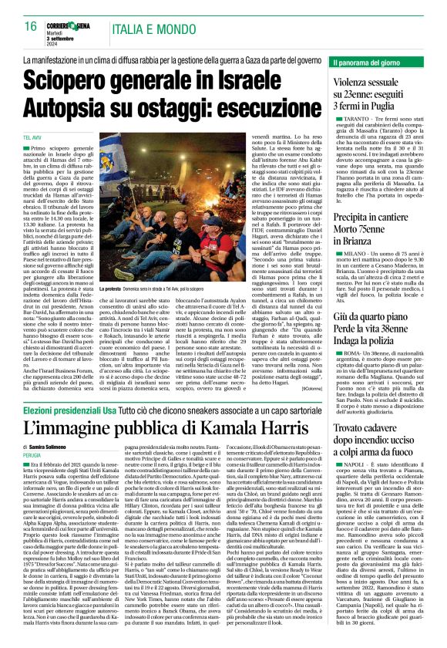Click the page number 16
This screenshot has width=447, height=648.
pos(30,26)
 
